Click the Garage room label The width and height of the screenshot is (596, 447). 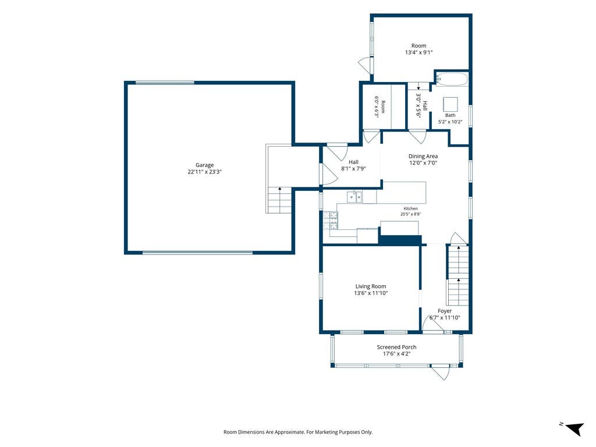tap(204, 165)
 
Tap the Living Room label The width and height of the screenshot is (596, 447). tap(371, 286)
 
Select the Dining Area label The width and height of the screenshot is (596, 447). tap(423, 156)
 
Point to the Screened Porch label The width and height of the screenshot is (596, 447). tap(396, 347)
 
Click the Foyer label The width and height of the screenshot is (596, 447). tap(445, 311)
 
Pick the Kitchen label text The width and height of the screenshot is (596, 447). tap(410, 209)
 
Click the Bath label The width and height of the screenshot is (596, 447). tap(450, 115)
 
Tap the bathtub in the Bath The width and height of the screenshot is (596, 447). tap(452, 79)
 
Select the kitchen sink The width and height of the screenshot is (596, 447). tap(354, 197)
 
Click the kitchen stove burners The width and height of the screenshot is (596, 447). tap(331, 220)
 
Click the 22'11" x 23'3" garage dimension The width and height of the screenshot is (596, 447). tap(204, 172)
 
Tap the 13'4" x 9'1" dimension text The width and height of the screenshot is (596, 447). tap(419, 52)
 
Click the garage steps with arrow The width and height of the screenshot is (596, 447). tap(280, 200)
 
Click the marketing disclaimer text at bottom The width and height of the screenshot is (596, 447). tap(298, 432)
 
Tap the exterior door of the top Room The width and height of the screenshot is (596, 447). tap(366, 65)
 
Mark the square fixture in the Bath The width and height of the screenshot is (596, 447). tap(450, 104)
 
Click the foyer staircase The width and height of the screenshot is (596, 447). tap(458, 275)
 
